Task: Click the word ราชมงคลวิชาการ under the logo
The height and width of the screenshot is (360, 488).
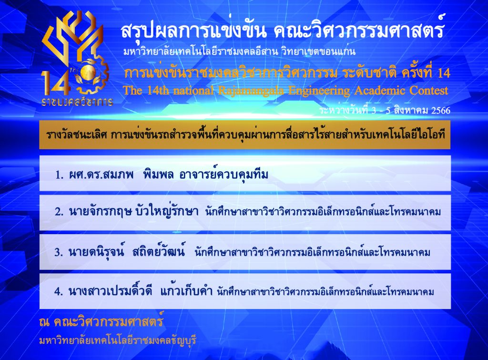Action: (x=77, y=102)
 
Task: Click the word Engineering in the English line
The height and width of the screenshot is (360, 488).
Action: (x=319, y=91)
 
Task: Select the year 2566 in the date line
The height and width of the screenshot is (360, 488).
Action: (x=441, y=111)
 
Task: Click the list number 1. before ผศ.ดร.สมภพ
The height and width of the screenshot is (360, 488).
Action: (x=60, y=175)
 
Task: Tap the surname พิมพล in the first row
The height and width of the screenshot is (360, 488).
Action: (x=158, y=175)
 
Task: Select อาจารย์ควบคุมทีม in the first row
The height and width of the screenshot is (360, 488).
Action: (x=224, y=175)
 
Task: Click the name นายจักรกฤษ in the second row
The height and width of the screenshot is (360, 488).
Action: (x=100, y=212)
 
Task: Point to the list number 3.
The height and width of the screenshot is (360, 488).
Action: (x=59, y=252)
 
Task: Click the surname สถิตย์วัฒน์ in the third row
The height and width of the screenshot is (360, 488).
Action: (x=158, y=251)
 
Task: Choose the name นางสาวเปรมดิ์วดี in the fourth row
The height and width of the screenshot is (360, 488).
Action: (x=110, y=291)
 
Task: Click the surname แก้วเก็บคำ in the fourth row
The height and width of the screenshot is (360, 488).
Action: (x=186, y=291)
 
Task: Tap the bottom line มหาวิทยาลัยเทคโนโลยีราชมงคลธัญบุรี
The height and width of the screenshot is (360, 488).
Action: (x=118, y=340)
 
